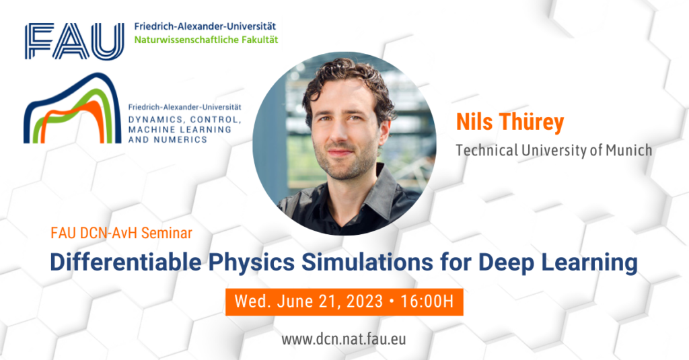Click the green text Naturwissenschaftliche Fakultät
(x=205, y=40)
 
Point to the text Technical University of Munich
(x=554, y=150)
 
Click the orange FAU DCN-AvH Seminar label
(x=121, y=233)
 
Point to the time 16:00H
(x=427, y=301)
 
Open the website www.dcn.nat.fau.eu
(x=344, y=339)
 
